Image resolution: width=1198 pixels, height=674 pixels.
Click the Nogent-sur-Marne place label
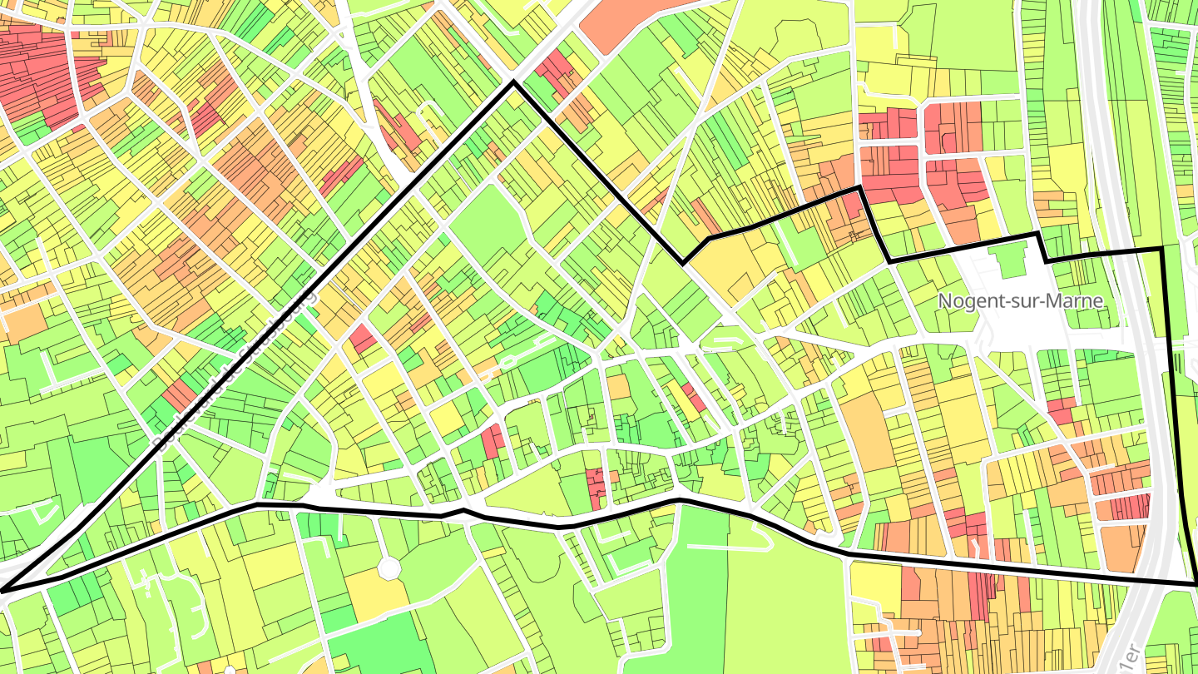(x=1021, y=301)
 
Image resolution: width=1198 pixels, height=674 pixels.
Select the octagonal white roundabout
(x=389, y=569)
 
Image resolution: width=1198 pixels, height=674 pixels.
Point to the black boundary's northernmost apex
(x=513, y=82)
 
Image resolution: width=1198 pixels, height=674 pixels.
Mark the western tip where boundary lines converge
(x=2, y=591)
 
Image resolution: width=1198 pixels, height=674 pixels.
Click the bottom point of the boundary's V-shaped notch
(x=683, y=264)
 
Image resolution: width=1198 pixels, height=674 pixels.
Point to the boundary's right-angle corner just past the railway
(x=1161, y=249)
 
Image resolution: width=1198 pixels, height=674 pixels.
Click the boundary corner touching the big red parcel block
(x=859, y=189)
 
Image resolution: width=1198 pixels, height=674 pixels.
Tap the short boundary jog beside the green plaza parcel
(x=1041, y=248)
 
